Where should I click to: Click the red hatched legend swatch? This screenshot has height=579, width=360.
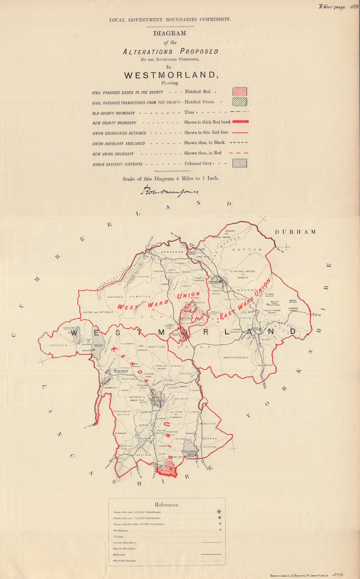240,92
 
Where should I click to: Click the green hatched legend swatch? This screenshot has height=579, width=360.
240,102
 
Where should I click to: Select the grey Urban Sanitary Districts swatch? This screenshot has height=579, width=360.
240,163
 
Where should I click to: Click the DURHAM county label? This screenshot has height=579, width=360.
295,232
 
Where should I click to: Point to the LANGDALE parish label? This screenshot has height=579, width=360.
58,346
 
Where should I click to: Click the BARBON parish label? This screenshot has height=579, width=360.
210,439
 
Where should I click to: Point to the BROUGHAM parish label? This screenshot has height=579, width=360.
170,252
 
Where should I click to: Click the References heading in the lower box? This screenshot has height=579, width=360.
167,505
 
